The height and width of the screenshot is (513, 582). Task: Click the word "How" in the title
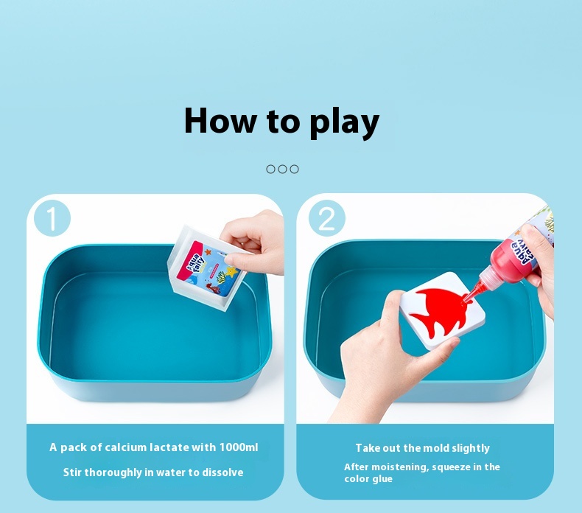pos(220,121)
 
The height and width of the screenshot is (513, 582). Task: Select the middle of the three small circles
pos(282,170)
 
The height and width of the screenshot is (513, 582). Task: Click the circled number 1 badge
pos(52,218)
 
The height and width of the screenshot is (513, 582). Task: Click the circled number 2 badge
pos(326,218)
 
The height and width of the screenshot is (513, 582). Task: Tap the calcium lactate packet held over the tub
pos(206,268)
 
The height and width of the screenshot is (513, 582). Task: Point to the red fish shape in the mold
pos(442,313)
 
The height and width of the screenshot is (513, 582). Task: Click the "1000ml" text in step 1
pos(239,447)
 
